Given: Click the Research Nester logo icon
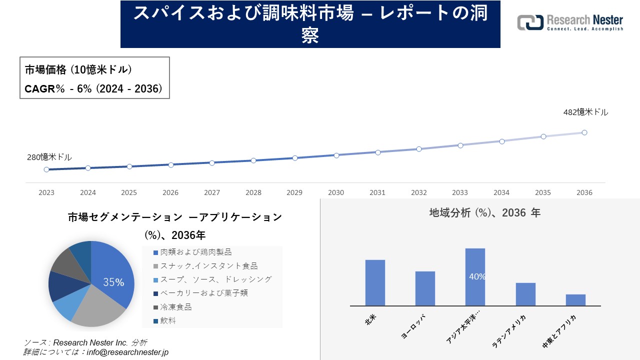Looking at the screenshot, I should point(530,22).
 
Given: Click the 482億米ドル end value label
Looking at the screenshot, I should point(585,112).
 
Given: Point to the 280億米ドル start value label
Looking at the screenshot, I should point(49,157).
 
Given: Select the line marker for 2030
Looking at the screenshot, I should point(336,155).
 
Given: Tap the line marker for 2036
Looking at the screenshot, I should point(584,132).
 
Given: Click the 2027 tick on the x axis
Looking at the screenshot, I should point(212,192).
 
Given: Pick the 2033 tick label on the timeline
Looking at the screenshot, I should point(460,192).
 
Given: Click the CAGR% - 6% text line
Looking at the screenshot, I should point(93,89).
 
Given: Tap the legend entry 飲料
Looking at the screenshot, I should point(168,320).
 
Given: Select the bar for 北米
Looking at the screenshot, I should point(375,282).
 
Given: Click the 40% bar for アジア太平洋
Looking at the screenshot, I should point(475,276).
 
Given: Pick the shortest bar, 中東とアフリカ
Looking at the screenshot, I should point(575,300).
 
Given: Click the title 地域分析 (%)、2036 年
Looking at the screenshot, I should point(484,213).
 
